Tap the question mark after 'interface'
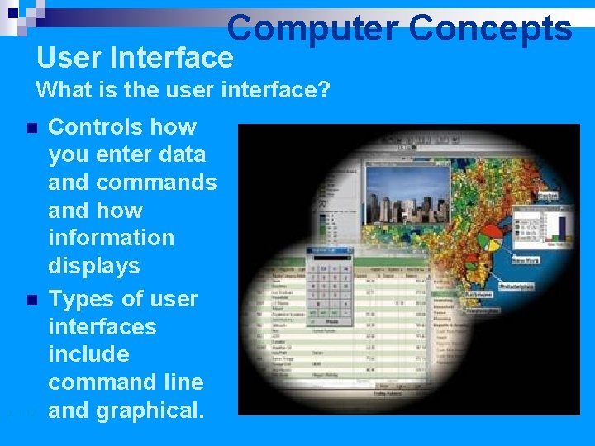pyautogui.click(x=324, y=89)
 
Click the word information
pyautogui.click(x=112, y=238)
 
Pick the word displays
pyautogui.click(x=94, y=266)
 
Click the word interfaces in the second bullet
pyautogui.click(x=102, y=326)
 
